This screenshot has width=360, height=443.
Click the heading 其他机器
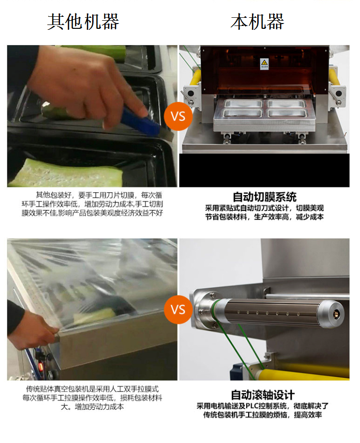83,22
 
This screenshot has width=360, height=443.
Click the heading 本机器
257,22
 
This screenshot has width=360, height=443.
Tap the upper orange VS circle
178,116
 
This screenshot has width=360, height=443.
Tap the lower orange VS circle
178,309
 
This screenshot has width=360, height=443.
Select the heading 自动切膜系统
264,197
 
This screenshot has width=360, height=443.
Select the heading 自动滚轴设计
263,394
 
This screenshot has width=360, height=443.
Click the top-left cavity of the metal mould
243,104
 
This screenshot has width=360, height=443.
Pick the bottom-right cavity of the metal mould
287,113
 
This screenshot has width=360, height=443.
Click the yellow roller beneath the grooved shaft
302,373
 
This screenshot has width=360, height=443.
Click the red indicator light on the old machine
41,367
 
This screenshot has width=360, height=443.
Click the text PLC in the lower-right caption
252,406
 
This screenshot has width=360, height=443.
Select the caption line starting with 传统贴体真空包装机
92,389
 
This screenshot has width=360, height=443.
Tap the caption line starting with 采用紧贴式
264,208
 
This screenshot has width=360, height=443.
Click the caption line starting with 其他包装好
99,195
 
